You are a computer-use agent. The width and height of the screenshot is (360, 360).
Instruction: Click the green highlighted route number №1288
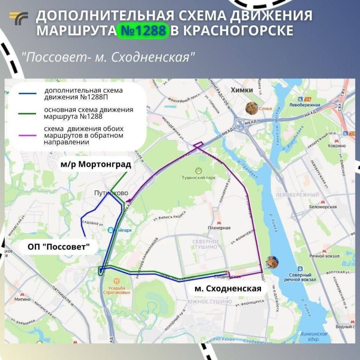coord(143,31)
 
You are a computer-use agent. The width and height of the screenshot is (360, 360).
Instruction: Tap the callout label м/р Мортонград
coord(95,164)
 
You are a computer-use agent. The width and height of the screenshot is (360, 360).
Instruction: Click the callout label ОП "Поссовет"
coord(58,247)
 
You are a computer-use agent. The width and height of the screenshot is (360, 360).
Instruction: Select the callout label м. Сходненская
coord(228,288)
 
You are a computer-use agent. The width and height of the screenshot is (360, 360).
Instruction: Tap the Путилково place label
coord(111,193)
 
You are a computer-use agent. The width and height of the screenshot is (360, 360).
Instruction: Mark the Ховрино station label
coord(336,146)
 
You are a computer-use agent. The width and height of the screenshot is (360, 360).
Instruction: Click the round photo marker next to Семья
coord(251,108)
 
